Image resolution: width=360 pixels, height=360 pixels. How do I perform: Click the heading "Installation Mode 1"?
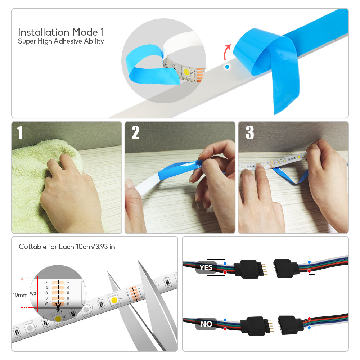(61, 32)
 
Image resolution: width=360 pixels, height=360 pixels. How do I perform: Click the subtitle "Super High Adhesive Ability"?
(61, 41)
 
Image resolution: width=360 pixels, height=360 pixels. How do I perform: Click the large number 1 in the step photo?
(20, 133)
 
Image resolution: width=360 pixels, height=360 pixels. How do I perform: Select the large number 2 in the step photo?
(135, 133)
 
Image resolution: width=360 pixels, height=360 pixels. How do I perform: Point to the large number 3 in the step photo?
(249, 133)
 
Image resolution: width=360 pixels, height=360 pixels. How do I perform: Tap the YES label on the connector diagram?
(206, 267)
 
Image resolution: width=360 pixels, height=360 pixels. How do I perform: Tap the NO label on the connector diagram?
(206, 324)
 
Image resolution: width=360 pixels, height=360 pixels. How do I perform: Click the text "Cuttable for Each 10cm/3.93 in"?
(67, 247)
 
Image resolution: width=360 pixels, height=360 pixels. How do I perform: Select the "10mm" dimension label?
(20, 295)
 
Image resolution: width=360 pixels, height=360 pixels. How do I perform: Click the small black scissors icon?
(58, 309)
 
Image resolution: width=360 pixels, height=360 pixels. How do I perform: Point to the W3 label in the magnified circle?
(33, 293)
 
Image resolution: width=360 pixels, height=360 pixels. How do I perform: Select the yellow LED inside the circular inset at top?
(186, 71)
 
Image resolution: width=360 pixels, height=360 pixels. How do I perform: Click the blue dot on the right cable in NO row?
(309, 328)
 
